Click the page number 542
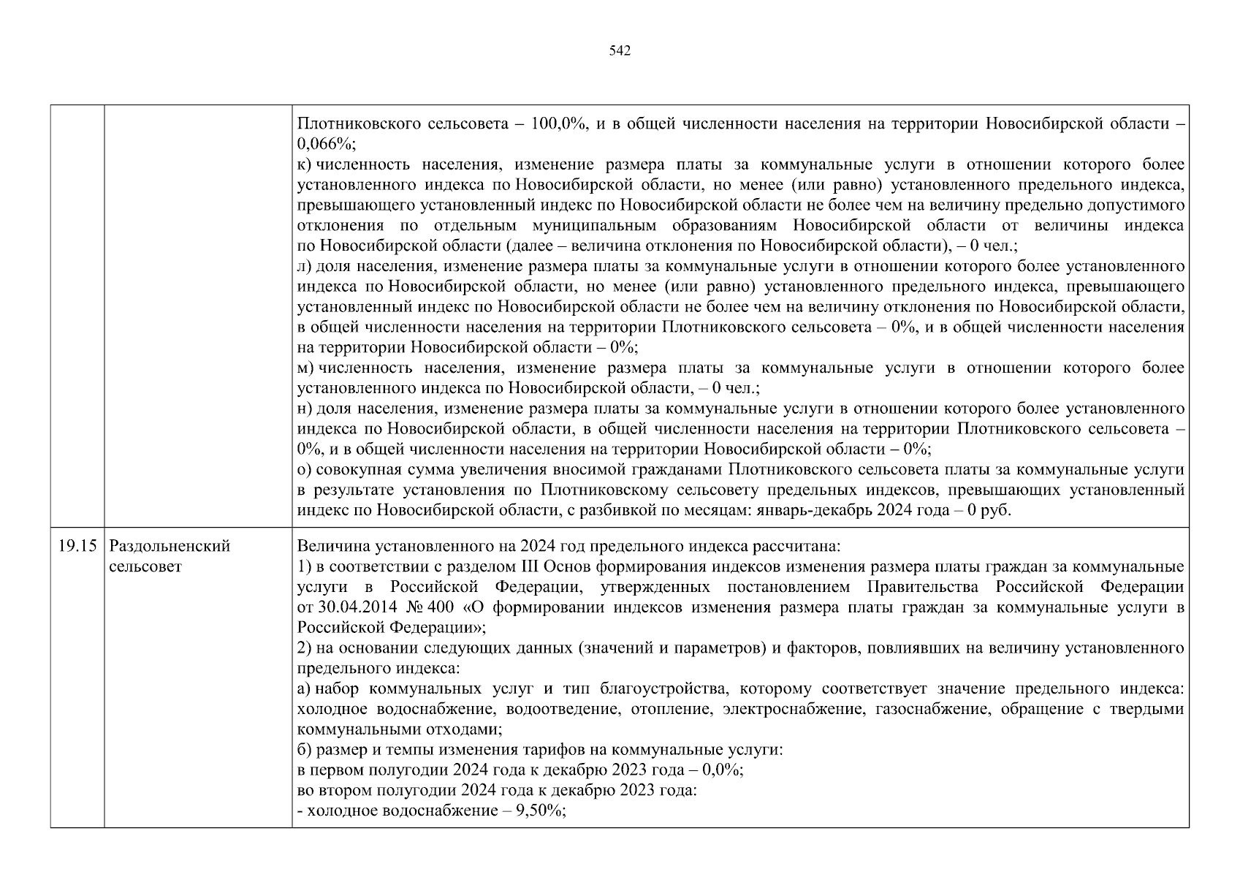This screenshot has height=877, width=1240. pos(620,50)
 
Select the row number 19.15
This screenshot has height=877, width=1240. pos(77,546)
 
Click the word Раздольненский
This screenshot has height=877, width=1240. pos(170,546)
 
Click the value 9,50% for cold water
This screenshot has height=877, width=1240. pos(541,811)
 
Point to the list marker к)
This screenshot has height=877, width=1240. pos(305,165)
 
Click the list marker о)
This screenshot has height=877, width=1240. pos(305,469)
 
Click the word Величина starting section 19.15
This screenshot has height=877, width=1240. pos(330,546)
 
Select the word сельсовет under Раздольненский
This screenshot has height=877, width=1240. pos(145,566)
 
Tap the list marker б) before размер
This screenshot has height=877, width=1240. pos(305,750)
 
